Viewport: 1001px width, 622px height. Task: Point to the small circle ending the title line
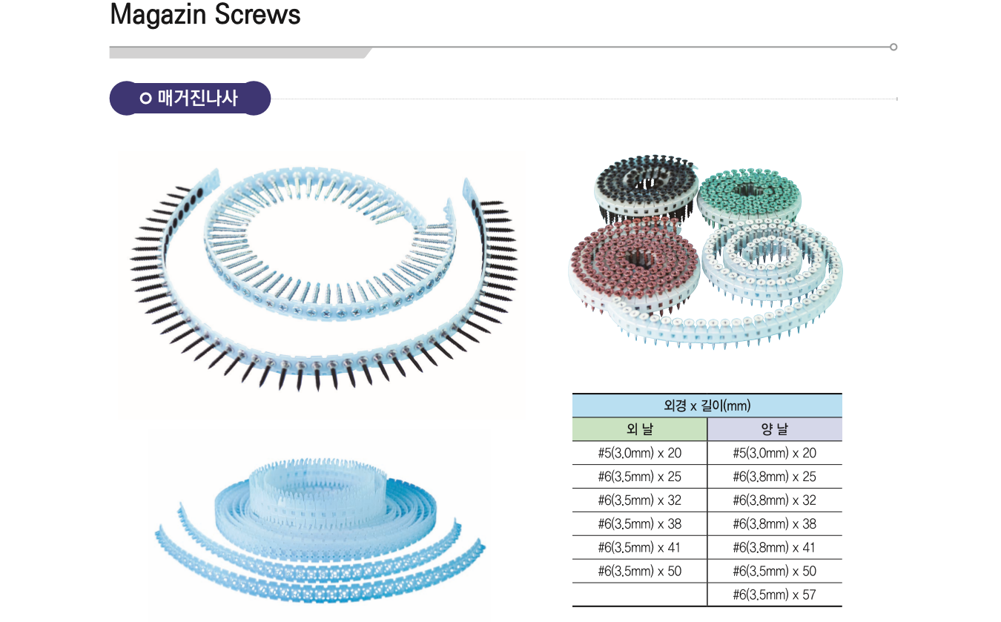[x=893, y=47]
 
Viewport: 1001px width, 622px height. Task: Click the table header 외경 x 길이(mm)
[x=707, y=406]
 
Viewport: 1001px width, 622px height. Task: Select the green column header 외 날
[x=639, y=429]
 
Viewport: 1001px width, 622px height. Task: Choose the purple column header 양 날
[x=774, y=429]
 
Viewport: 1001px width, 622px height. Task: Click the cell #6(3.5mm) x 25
[x=639, y=477]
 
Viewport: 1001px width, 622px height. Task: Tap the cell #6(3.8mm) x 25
[x=774, y=477]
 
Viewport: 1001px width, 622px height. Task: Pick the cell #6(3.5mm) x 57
[x=774, y=595]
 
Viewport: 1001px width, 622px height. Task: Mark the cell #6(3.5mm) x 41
[x=639, y=547]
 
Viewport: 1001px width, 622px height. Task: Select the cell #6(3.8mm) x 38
[x=774, y=523]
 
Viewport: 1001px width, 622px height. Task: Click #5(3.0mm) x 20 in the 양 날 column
[x=774, y=453]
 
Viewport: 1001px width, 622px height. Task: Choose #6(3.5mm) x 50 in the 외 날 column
[x=639, y=571]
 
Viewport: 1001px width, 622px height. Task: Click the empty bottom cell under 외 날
[x=639, y=595]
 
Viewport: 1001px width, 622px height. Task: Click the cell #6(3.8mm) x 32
[x=774, y=500]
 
